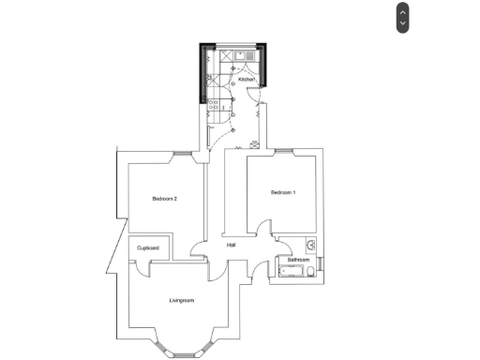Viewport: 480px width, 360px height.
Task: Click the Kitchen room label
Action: tap(246, 81)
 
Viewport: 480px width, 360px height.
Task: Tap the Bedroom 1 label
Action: tap(283, 192)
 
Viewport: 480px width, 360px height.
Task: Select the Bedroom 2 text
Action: tap(164, 199)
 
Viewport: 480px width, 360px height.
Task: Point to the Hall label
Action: tap(231, 245)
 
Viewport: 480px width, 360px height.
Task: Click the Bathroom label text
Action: tap(298, 259)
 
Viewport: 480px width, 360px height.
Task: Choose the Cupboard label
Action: tap(148, 247)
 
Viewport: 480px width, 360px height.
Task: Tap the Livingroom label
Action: tap(181, 300)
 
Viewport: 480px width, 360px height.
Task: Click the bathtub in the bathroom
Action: tap(290, 272)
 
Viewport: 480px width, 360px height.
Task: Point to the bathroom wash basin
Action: tap(311, 247)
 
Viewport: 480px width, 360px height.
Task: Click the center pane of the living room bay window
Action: tap(181, 352)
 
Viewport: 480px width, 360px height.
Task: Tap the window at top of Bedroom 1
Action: tap(284, 151)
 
